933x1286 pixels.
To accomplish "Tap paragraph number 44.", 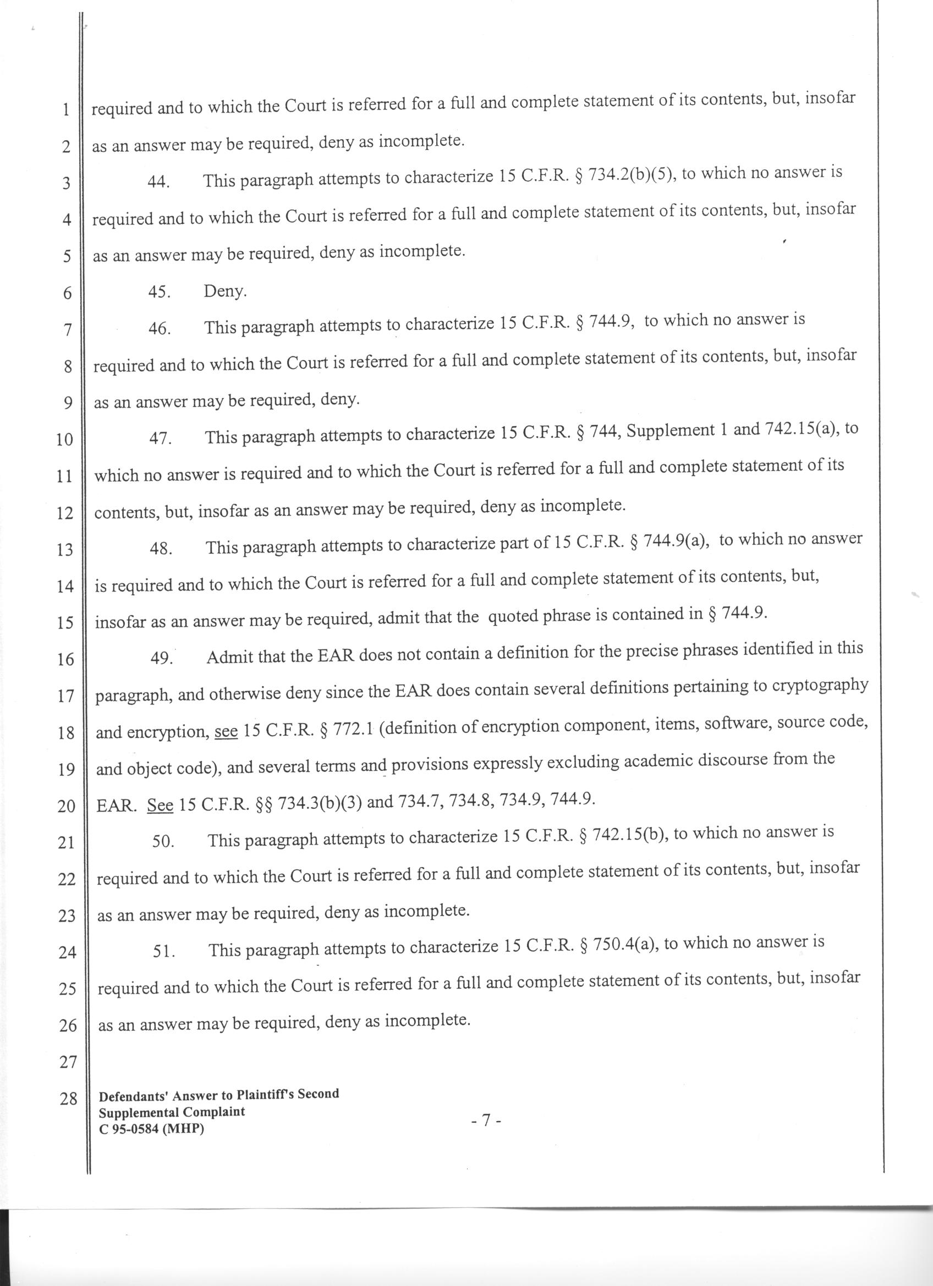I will [x=160, y=182].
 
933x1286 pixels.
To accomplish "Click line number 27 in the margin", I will [x=68, y=1062].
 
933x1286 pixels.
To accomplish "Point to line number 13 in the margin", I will [x=66, y=549].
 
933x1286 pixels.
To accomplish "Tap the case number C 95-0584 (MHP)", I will [x=151, y=1128].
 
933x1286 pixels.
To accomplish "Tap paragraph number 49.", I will [x=161, y=659].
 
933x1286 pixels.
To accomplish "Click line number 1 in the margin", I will [x=67, y=110].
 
